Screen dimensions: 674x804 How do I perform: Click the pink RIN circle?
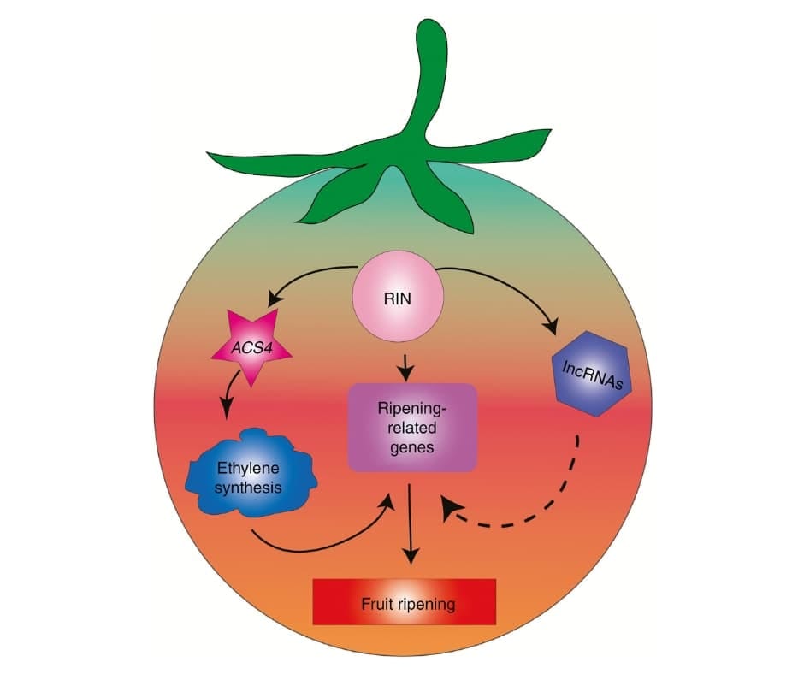[399, 300]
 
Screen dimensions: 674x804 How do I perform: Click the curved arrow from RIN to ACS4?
[308, 279]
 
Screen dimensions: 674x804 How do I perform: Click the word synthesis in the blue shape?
[251, 488]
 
